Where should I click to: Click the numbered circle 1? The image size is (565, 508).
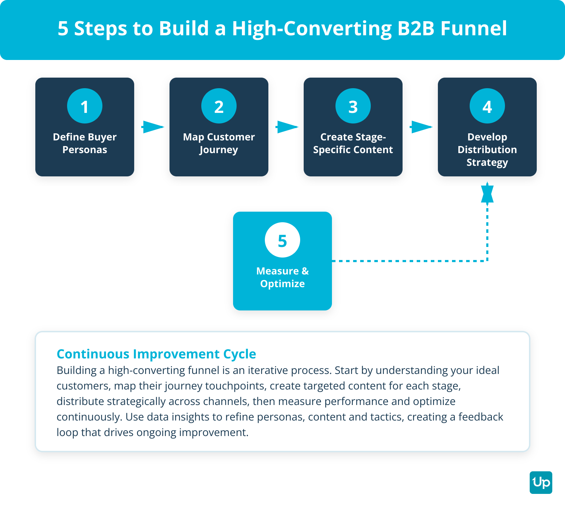(85, 106)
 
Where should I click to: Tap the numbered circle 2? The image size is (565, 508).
(219, 106)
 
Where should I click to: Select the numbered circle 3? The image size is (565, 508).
(353, 106)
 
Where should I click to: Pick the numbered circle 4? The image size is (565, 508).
(487, 106)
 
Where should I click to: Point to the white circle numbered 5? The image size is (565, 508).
(282, 240)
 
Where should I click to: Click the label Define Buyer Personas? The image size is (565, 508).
(85, 143)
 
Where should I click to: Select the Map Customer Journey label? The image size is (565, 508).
(219, 143)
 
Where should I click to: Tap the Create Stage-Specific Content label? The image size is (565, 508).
(353, 143)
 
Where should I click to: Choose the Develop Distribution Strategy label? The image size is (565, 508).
(487, 150)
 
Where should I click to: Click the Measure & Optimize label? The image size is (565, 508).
(282, 277)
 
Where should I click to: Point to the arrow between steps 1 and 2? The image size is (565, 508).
(153, 127)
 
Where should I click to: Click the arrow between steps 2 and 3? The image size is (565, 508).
(287, 127)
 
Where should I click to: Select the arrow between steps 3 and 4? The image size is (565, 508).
(421, 127)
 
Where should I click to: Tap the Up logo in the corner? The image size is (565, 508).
(541, 482)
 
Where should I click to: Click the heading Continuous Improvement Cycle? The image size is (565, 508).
(156, 354)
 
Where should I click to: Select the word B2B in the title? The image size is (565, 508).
(416, 28)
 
